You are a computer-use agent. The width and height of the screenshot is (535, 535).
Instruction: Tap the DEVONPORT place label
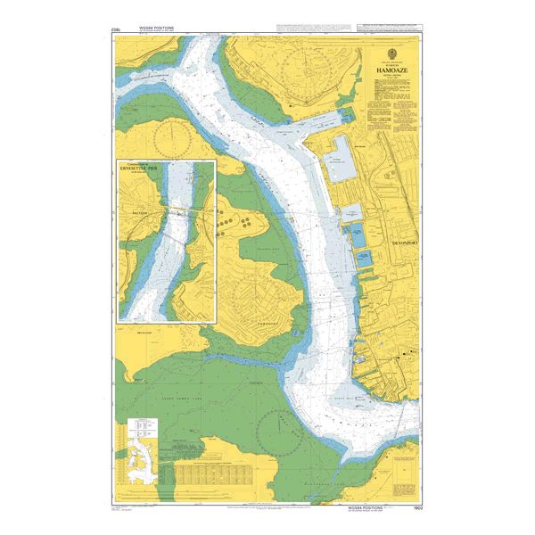tap(405, 243)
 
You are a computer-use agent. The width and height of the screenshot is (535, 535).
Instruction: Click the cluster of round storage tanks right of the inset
tap(237, 219)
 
